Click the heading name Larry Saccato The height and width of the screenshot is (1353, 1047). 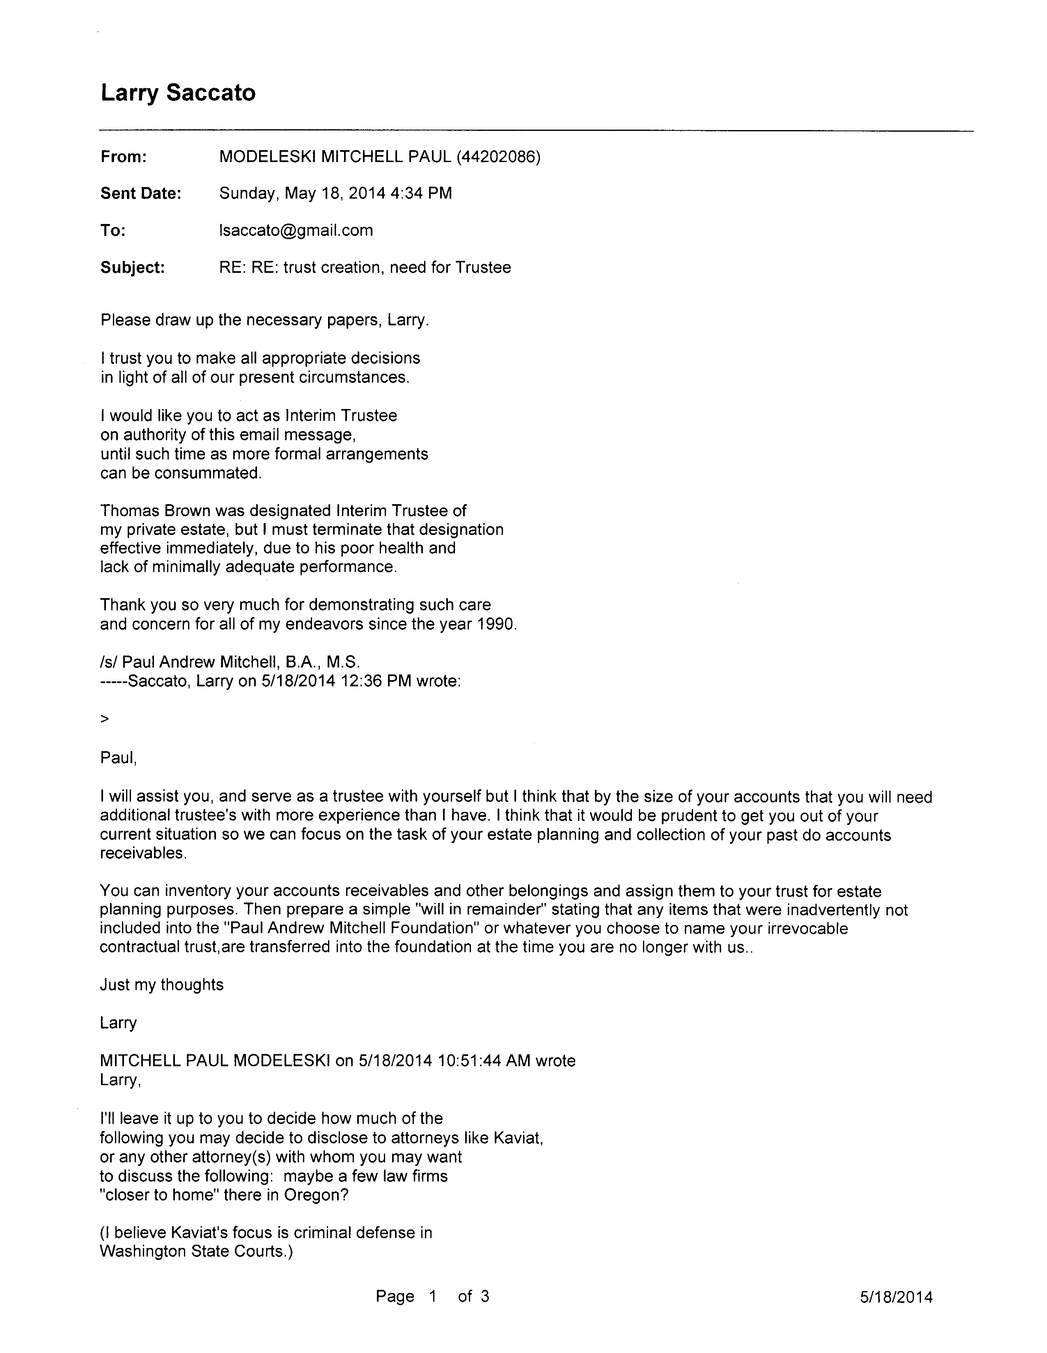click(x=178, y=93)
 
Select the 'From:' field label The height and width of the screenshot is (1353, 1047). click(x=123, y=157)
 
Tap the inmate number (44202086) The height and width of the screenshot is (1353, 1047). click(x=498, y=157)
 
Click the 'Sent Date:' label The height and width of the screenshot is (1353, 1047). click(x=141, y=193)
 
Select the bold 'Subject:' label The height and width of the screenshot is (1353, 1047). click(x=133, y=267)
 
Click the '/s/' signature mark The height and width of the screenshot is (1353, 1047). click(x=109, y=662)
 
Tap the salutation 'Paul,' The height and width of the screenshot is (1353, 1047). click(x=118, y=758)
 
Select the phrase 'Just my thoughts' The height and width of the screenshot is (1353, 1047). click(x=162, y=985)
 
